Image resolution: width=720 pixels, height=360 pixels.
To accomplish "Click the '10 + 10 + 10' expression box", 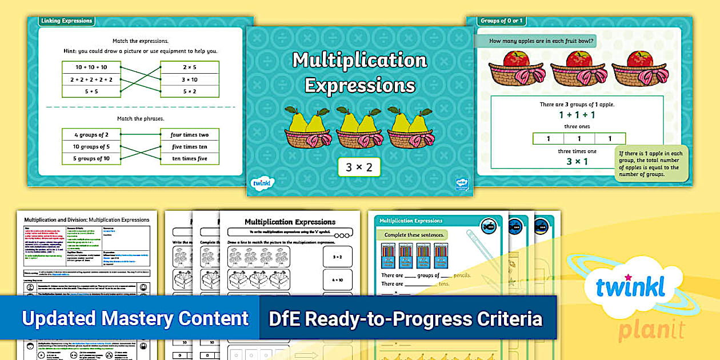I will coord(91,67).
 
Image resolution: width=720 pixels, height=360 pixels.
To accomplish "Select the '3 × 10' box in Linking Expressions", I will coord(190,79).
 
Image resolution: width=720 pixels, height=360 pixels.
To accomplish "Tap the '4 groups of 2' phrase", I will coord(91,135).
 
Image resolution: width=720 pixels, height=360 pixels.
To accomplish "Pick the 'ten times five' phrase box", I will coord(190,158).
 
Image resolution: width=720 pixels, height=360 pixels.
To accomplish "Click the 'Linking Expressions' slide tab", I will coord(66,21).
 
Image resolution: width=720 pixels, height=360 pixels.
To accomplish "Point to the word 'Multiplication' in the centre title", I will coord(359,60).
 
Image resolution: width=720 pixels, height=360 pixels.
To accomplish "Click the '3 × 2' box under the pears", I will coord(359,167).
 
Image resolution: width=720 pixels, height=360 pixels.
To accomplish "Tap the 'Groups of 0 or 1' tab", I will coord(502,21).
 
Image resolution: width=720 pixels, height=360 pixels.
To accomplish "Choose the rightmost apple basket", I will coord(639,69).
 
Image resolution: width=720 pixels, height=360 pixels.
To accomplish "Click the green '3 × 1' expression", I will coord(577,162).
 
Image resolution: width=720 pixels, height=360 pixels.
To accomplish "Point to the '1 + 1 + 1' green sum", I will coord(577,115).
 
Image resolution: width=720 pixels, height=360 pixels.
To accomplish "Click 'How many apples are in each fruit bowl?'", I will coord(542,41).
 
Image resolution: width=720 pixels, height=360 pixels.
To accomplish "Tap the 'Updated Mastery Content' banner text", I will coord(135,318).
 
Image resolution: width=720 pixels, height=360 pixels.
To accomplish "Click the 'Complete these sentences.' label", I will coord(415,235).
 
